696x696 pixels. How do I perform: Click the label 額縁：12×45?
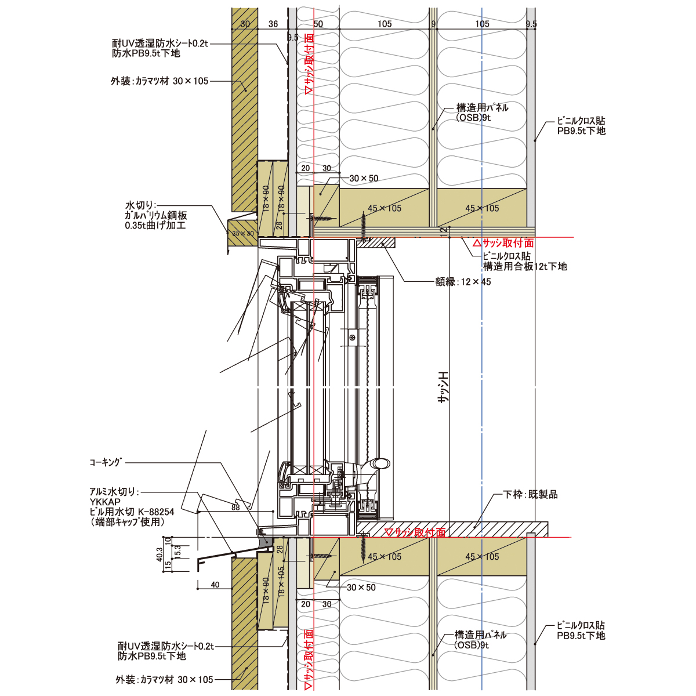[463, 282]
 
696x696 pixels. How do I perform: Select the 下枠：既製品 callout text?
[530, 495]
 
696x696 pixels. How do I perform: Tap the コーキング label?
[106, 462]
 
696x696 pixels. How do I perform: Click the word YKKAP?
[105, 502]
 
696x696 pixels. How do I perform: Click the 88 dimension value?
[235, 507]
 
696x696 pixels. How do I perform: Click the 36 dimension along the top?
[274, 24]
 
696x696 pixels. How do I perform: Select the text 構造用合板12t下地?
[525, 267]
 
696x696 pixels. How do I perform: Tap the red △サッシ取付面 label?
[503, 243]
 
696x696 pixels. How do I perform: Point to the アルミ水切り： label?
[114, 492]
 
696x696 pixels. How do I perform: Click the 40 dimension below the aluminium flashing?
[215, 585]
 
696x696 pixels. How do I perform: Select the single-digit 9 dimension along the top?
[433, 24]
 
